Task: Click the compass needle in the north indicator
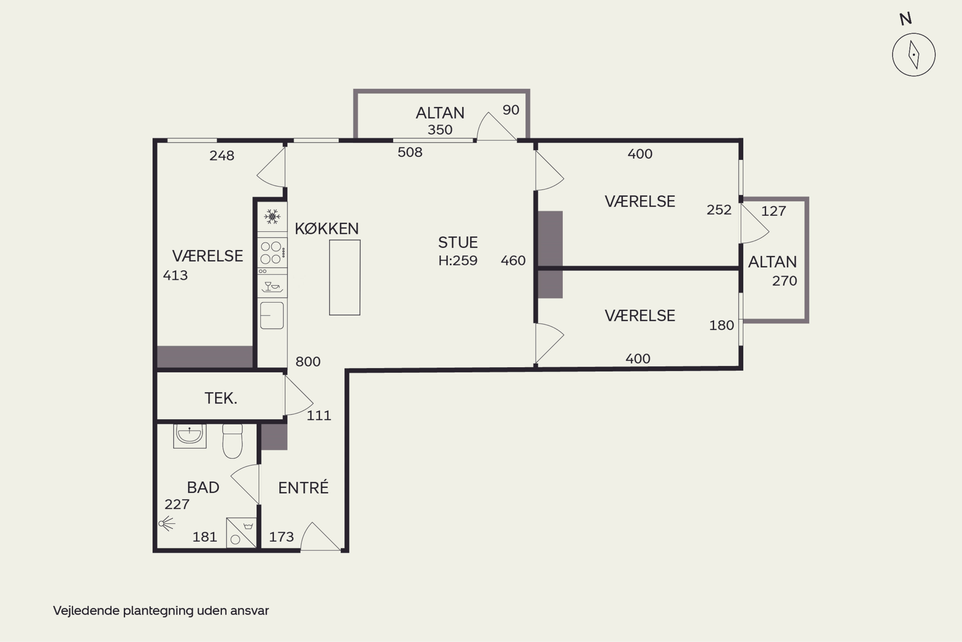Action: click(x=914, y=55)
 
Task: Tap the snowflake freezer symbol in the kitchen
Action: click(x=272, y=217)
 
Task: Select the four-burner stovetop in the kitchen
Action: click(x=272, y=253)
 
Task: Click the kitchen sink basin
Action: click(x=272, y=315)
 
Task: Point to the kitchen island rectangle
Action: click(x=345, y=278)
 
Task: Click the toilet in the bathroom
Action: click(x=232, y=441)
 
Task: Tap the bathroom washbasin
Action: click(x=190, y=436)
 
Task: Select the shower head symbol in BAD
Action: click(x=166, y=524)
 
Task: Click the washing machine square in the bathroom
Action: click(x=241, y=533)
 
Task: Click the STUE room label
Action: click(x=458, y=243)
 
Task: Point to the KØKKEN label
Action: click(x=326, y=229)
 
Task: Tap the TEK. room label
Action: click(x=221, y=398)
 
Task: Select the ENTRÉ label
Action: click(x=303, y=487)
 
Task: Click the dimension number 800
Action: click(x=308, y=361)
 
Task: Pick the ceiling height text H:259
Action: click(x=458, y=260)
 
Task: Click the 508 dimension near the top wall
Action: click(x=410, y=152)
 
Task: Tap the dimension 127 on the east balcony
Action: click(x=773, y=211)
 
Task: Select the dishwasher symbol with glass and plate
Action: click(x=272, y=286)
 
